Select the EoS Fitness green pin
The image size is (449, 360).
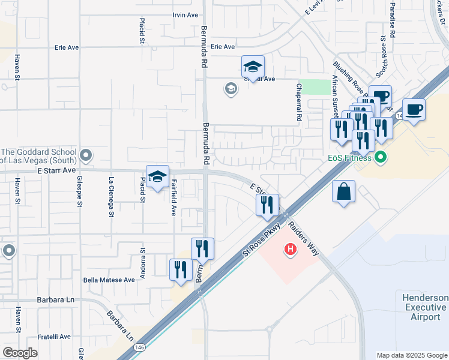coord(379,158)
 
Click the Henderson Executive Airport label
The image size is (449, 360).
coord(425,307)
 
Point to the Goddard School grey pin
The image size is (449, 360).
coord(86,157)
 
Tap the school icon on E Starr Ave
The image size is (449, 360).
coord(157,177)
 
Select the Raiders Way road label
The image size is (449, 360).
coord(303,238)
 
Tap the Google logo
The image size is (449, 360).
coord(20,353)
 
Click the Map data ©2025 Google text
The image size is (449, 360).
coord(411,355)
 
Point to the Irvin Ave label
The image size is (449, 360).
coord(185,14)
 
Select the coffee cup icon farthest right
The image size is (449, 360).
coord(414,110)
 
